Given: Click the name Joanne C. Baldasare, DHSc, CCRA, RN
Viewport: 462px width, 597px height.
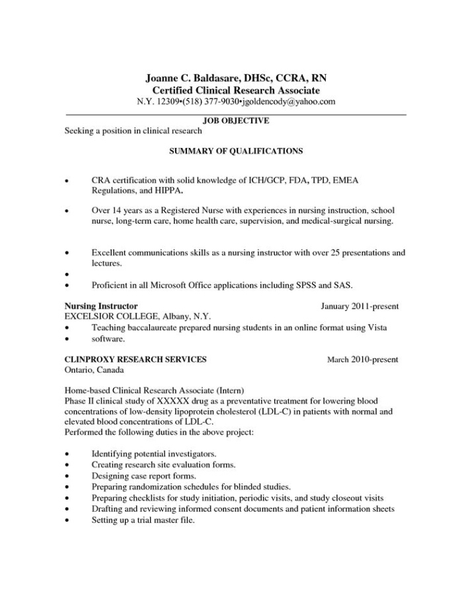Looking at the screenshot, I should click(235, 78).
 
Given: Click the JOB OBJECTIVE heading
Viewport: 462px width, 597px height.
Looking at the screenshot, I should click(235, 121).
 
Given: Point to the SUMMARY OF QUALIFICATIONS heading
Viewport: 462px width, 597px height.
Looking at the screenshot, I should click(235, 151).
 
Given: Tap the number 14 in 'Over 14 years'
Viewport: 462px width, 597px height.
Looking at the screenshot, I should click(116, 210).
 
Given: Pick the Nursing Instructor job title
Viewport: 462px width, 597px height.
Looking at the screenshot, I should click(101, 306).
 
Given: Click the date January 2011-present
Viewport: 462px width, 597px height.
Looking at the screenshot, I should click(359, 306).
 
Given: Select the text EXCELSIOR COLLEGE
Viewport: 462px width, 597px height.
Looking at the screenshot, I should click(112, 317).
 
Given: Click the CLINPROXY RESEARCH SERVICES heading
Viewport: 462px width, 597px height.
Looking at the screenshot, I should click(135, 360).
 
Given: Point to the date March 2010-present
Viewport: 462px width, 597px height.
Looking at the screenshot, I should click(363, 360).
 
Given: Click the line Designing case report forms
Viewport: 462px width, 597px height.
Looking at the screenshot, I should click(143, 475).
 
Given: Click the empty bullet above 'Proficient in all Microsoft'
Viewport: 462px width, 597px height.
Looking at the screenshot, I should click(67, 275).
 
